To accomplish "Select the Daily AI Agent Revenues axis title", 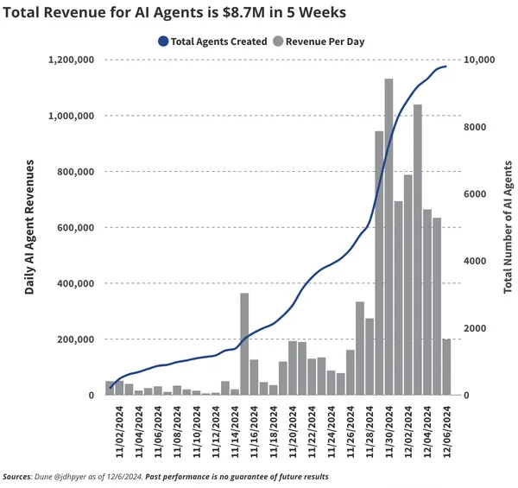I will point(29,227).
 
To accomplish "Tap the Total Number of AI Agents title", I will point(508,227).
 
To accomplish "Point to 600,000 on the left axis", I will point(74,227).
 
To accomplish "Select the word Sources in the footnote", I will point(16,477).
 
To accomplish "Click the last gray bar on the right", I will point(446,367).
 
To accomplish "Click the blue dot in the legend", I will point(163,41).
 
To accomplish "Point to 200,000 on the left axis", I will point(74,339).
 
